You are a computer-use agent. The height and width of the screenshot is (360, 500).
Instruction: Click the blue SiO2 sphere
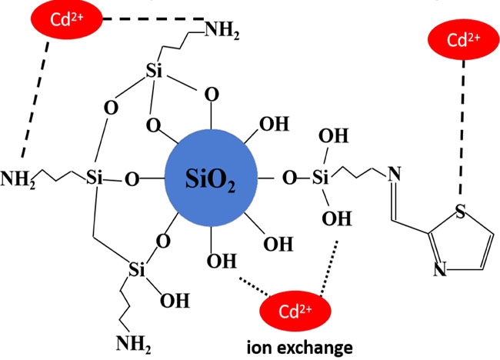pyautogui.click(x=211, y=178)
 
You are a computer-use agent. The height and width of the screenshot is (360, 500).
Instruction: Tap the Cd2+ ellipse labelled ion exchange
pyautogui.click(x=295, y=311)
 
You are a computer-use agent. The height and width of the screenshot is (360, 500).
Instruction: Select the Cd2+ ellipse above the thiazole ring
pyautogui.click(x=463, y=39)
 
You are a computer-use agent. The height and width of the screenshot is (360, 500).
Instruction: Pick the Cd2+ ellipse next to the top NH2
pyautogui.click(x=67, y=19)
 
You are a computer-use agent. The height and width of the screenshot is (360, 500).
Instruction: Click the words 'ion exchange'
pyautogui.click(x=300, y=347)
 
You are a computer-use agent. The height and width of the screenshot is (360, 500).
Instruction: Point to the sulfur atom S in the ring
pyautogui.click(x=460, y=211)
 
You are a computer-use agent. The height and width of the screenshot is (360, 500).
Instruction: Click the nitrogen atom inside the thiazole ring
pyautogui.click(x=440, y=268)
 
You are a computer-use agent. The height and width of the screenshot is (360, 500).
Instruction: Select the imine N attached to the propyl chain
pyautogui.click(x=394, y=174)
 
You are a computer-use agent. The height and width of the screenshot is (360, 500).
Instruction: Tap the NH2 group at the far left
pyautogui.click(x=18, y=179)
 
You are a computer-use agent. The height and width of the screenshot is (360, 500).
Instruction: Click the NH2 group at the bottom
pyautogui.click(x=134, y=344)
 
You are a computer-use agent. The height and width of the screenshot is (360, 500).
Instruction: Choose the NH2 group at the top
pyautogui.click(x=222, y=31)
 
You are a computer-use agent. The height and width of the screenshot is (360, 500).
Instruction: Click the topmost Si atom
pyautogui.click(x=154, y=71)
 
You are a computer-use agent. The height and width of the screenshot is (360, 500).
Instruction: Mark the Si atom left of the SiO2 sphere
pyautogui.click(x=95, y=177)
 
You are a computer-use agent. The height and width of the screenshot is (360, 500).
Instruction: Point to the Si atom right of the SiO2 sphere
pyautogui.click(x=320, y=177)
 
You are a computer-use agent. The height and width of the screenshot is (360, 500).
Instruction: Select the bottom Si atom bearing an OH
pyautogui.click(x=137, y=270)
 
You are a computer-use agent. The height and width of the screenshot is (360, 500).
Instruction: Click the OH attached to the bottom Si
pyautogui.click(x=175, y=300)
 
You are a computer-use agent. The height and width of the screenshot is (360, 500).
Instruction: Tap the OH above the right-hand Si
pyautogui.click(x=334, y=136)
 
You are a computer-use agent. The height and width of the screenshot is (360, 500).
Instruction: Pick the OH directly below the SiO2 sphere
pyautogui.click(x=222, y=261)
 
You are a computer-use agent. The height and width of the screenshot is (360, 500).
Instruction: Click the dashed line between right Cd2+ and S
pyautogui.click(x=462, y=127)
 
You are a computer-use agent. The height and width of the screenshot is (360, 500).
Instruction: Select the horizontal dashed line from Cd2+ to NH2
pyautogui.click(x=153, y=18)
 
